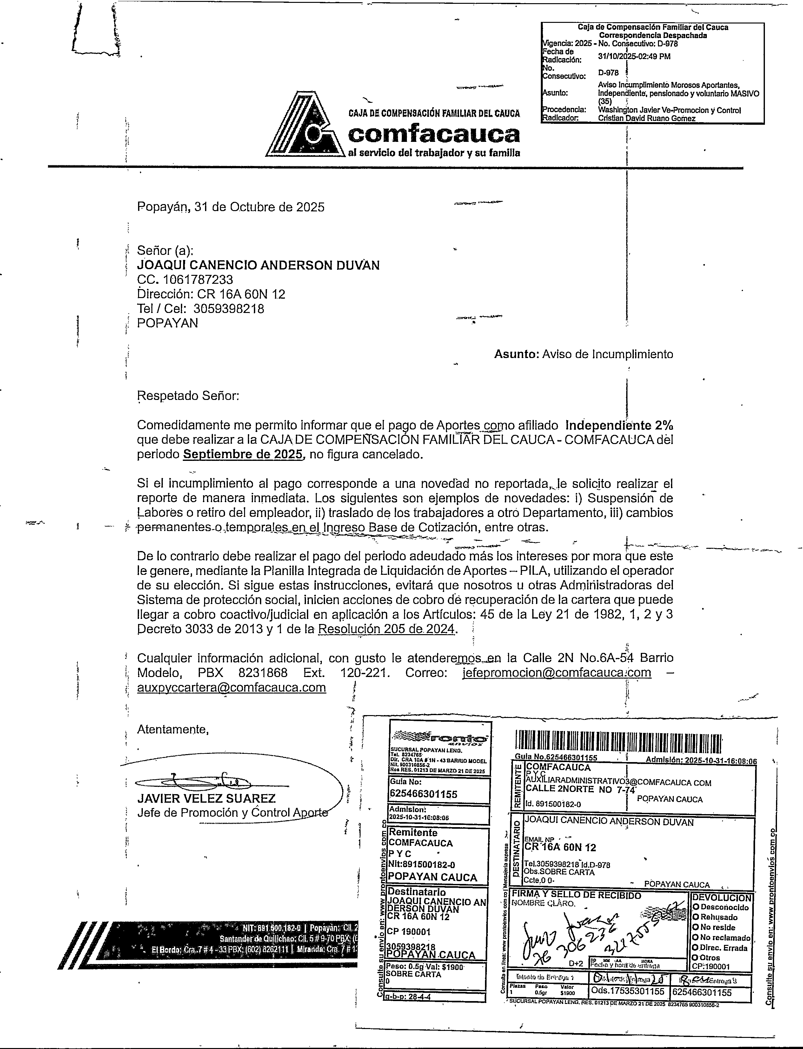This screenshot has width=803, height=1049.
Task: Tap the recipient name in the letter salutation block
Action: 258,265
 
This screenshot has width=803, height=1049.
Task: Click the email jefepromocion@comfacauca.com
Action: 557,673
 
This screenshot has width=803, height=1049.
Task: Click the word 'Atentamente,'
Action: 173,729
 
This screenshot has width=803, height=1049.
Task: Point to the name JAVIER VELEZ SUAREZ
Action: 207,798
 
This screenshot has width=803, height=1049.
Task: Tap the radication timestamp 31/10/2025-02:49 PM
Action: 634,56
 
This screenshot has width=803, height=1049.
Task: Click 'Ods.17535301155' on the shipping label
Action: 629,992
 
